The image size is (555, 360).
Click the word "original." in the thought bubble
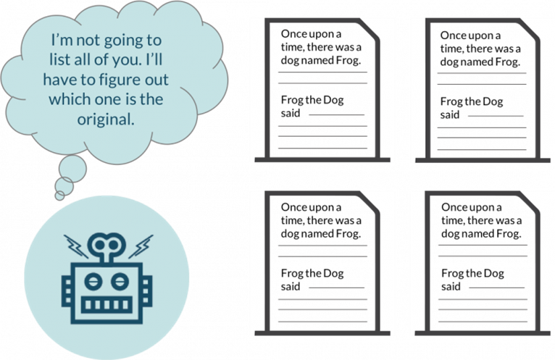[x=106, y=120]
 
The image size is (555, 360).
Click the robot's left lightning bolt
[x=76, y=246]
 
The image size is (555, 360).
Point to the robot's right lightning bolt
[x=141, y=246]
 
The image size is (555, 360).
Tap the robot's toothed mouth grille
[x=107, y=304]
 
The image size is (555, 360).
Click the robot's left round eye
[x=93, y=282]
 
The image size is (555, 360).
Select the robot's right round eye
[x=120, y=282]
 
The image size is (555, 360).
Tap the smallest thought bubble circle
[x=60, y=196]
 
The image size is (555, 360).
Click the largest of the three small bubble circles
[x=72, y=169]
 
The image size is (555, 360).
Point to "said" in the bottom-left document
[x=291, y=286]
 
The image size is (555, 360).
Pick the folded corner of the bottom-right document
[x=530, y=202]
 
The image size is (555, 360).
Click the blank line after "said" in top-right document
[x=496, y=116]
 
